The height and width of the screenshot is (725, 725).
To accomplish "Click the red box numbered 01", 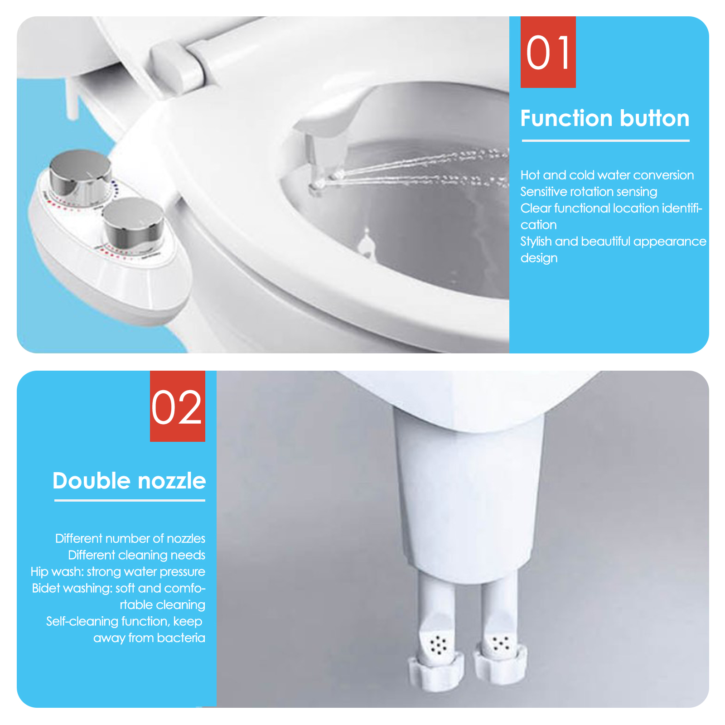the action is tap(548, 52).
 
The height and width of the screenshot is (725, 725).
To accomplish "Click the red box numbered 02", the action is tap(178, 406).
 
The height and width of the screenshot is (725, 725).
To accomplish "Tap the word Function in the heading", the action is tap(566, 118).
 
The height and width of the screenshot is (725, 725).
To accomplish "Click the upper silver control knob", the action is tap(81, 174).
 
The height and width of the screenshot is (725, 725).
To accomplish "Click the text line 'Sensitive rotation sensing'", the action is tap(589, 192).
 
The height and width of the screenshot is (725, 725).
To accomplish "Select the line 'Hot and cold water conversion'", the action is tap(607, 175).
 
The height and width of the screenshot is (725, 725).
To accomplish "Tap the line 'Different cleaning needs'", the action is tap(136, 555).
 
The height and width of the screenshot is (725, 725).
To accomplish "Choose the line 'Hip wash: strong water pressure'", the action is tap(118, 572).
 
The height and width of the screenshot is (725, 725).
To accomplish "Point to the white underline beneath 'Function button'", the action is tap(605, 140).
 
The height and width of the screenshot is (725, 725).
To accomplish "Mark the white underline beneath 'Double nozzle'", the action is tap(130, 500).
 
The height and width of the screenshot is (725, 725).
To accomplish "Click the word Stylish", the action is tap(536, 242).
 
